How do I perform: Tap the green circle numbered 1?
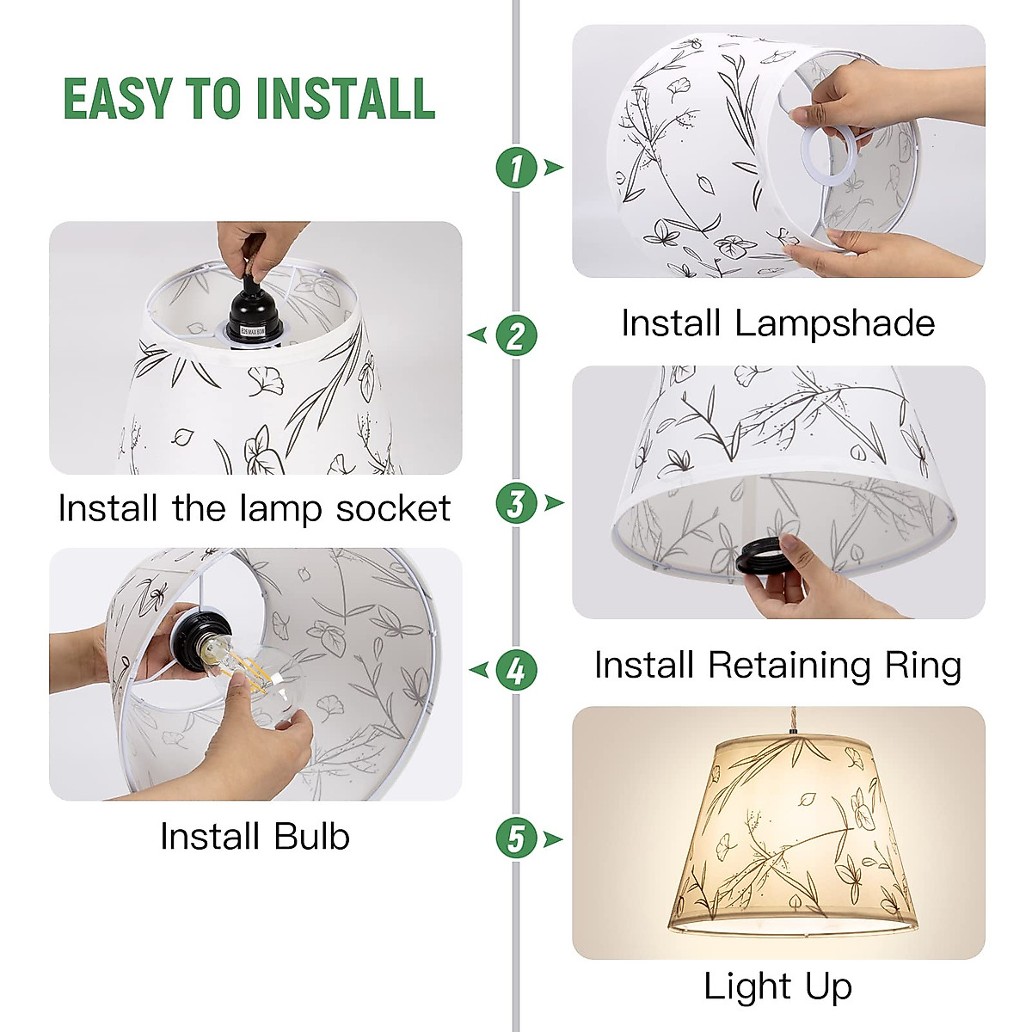[x=516, y=167]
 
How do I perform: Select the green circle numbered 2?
[x=516, y=335]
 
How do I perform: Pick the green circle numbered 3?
[x=516, y=503]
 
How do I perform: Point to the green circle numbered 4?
[x=516, y=670]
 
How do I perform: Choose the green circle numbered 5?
[x=516, y=838]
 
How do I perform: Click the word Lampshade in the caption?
[x=834, y=324]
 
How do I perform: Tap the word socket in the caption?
[x=393, y=508]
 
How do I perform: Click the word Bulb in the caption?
[x=311, y=836]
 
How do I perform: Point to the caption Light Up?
[x=777, y=986]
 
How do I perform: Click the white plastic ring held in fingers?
[x=830, y=155]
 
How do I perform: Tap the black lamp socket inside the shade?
[x=254, y=318]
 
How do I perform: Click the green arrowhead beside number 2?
[x=478, y=335]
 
